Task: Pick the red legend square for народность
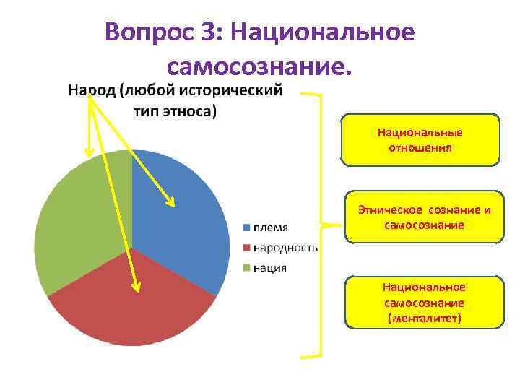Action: click(x=246, y=248)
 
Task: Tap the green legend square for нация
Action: click(x=246, y=268)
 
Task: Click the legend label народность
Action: click(x=285, y=248)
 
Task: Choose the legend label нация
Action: click(x=269, y=268)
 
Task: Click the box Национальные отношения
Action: click(x=420, y=140)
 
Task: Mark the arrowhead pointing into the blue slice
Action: click(x=171, y=202)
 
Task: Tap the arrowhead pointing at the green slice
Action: click(x=89, y=152)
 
